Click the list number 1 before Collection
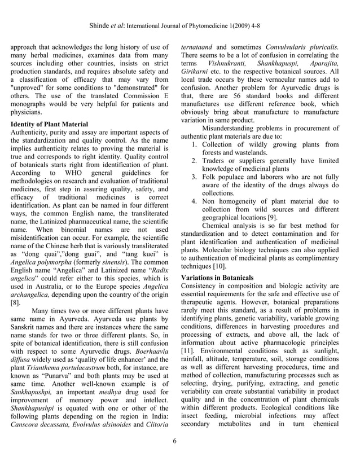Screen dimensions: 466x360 coord(194,145)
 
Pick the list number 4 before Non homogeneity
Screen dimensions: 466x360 coord(194,200)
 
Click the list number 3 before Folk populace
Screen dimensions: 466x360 coord(194,177)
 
